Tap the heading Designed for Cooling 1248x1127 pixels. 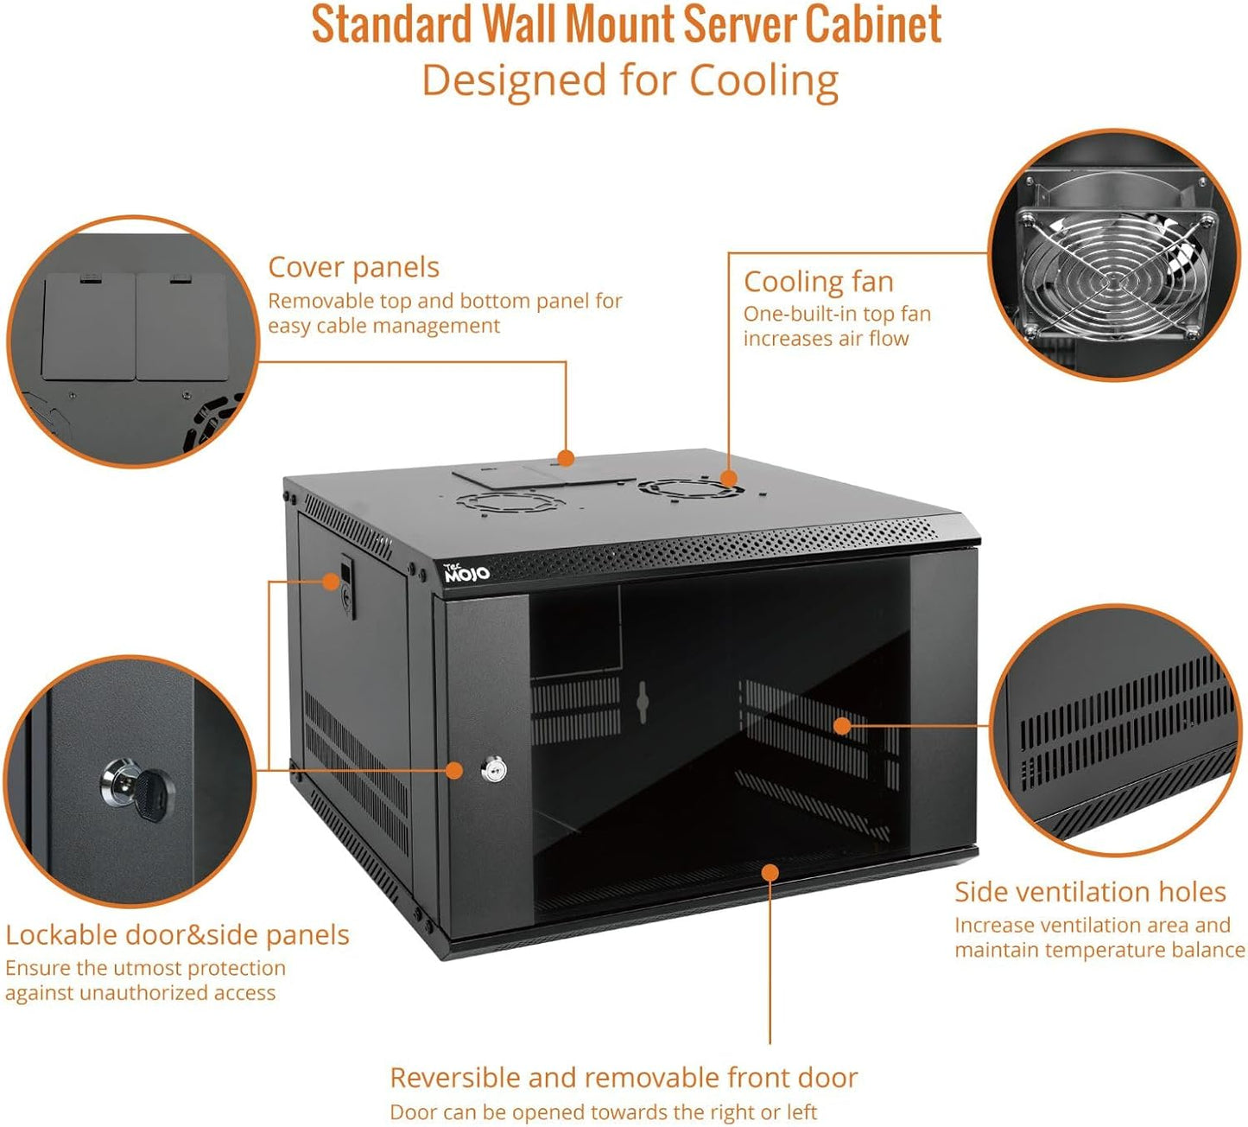pyautogui.click(x=630, y=80)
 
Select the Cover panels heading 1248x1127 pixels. pyautogui.click(x=353, y=267)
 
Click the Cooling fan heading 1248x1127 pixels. pyautogui.click(x=818, y=282)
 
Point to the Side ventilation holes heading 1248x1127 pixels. pyautogui.click(x=1090, y=892)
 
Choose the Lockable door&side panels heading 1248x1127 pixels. pyautogui.click(x=177, y=935)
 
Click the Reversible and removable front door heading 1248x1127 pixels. pyautogui.click(x=623, y=1078)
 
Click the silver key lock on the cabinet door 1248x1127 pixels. pyautogui.click(x=494, y=769)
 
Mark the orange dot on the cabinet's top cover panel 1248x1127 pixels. pyautogui.click(x=566, y=458)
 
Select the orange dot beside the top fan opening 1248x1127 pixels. pyautogui.click(x=728, y=478)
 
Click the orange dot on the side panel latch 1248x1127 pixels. pyautogui.click(x=331, y=581)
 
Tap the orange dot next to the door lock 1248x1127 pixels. pyautogui.click(x=454, y=770)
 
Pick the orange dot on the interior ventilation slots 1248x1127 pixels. pyautogui.click(x=842, y=726)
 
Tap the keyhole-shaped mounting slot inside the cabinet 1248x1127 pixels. pyautogui.click(x=642, y=702)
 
